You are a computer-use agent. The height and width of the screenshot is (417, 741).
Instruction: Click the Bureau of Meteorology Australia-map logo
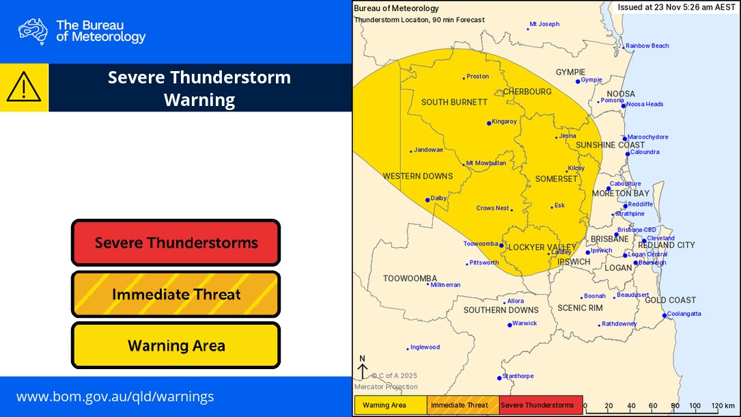[x=33, y=31]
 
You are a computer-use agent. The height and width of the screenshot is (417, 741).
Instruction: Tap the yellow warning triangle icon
[x=24, y=88]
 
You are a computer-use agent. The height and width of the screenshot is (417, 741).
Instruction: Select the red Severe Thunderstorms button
[x=176, y=243]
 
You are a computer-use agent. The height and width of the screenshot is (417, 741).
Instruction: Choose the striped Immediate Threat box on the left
[x=176, y=295]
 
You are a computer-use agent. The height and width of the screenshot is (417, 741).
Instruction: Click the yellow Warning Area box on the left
[x=176, y=345]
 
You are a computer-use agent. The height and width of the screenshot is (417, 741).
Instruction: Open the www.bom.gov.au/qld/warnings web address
[x=115, y=396]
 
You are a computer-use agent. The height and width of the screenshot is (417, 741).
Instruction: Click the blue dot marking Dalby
[x=428, y=200]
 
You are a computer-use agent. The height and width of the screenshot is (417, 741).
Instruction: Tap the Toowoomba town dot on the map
[x=501, y=245]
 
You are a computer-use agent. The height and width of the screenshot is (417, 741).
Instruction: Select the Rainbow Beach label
[x=647, y=46]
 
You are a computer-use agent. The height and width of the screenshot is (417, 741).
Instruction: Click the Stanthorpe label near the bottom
[x=518, y=376]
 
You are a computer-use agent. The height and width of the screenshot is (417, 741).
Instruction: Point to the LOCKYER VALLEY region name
[x=543, y=247]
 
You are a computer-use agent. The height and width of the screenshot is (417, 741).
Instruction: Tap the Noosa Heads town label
[x=645, y=104]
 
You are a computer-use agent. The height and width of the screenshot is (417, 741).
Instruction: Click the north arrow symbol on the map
[x=363, y=367]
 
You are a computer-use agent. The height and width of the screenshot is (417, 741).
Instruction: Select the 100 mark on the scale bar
[x=695, y=405]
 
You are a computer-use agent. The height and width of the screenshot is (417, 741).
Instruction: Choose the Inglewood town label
[x=425, y=347]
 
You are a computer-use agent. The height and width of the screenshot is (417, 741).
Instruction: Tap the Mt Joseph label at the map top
[x=544, y=24]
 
